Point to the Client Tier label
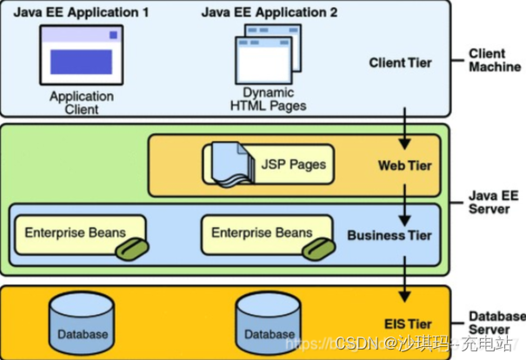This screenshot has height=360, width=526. pos(399,63)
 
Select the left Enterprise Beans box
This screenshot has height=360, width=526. pos(76,234)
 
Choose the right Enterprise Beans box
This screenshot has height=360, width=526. pos(263,234)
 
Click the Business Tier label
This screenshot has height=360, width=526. pos(389,235)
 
